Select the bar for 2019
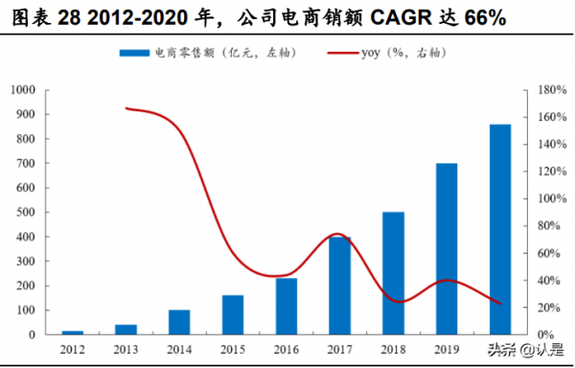448,248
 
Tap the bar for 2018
394,273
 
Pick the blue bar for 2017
340,286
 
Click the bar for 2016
287,306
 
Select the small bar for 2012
72,332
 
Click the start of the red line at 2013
126,108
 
